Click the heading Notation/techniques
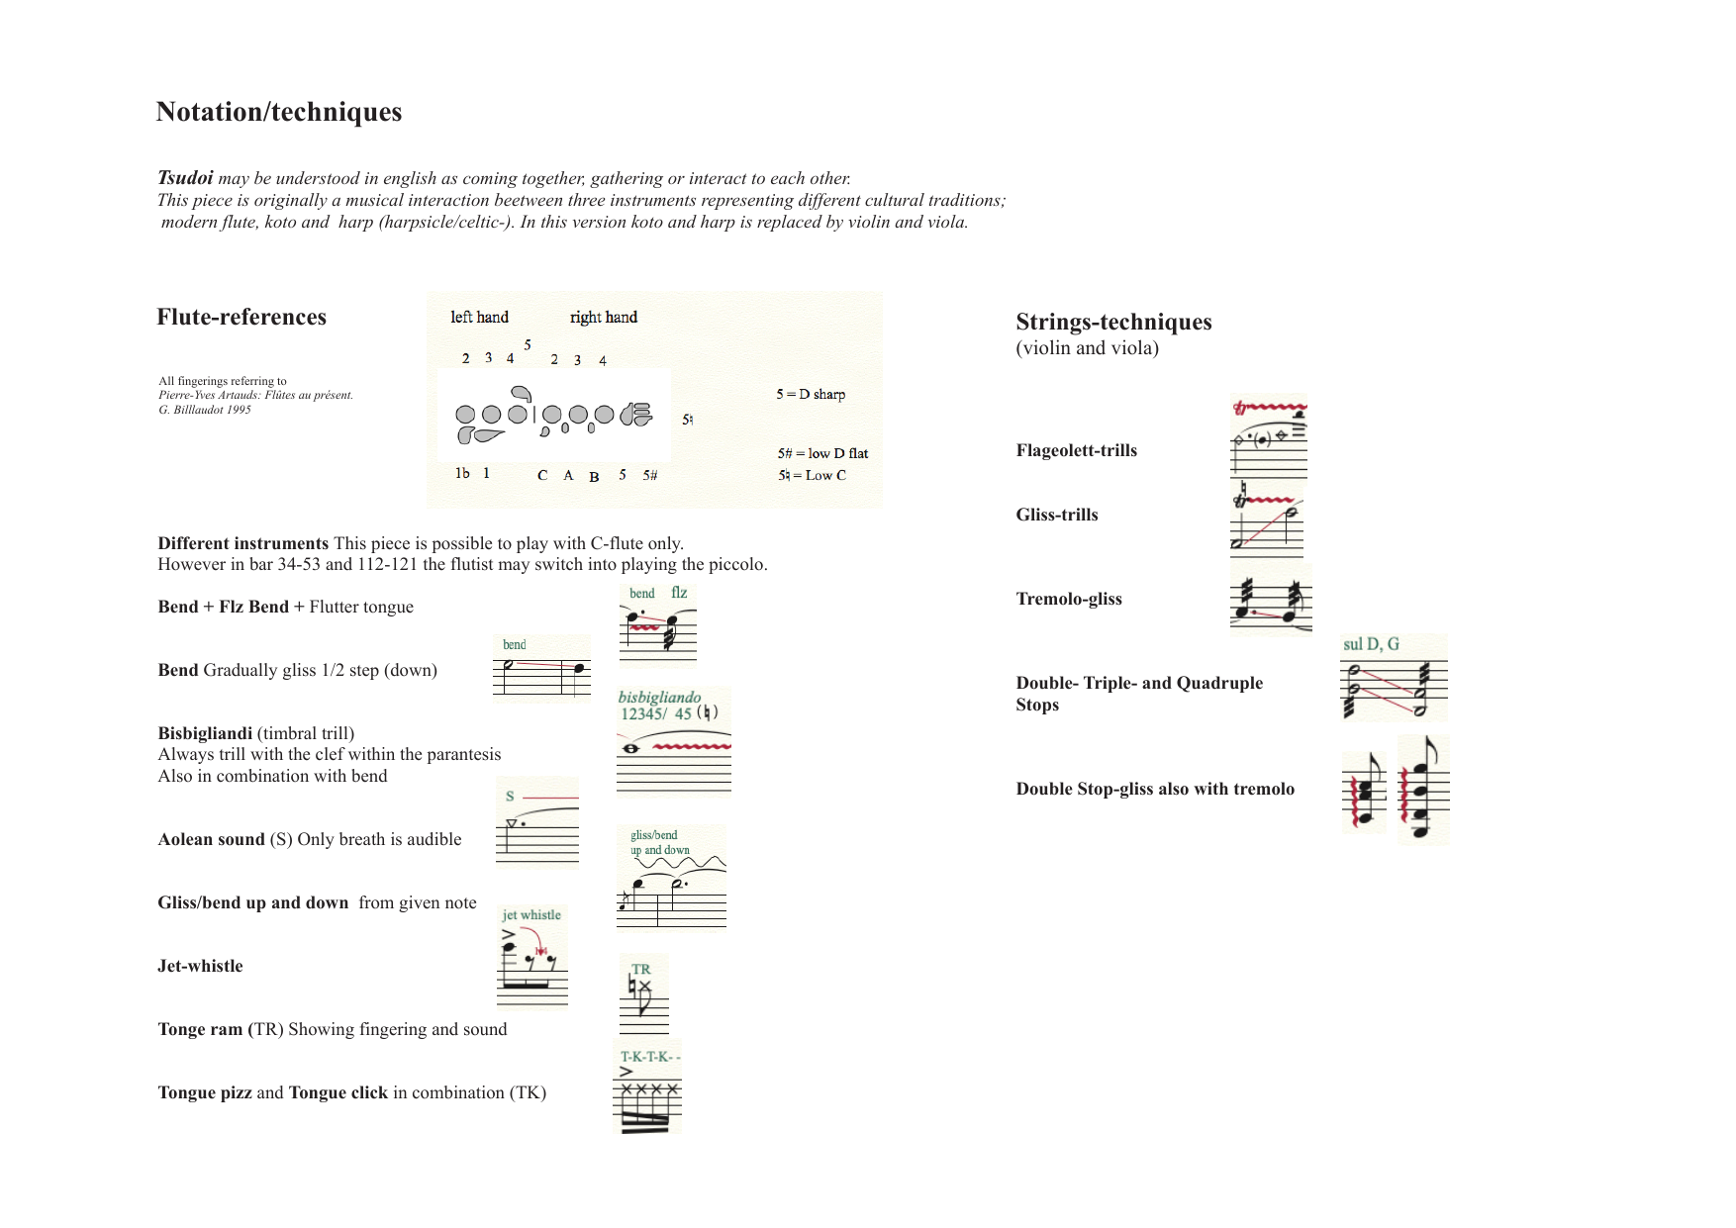pos(279,112)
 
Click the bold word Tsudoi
pos(185,178)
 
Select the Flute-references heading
pos(241,317)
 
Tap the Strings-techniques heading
pos(1113,323)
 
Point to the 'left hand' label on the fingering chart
pos(479,317)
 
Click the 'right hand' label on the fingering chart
pos(604,317)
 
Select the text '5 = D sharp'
pos(811,394)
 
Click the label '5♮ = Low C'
pos(812,475)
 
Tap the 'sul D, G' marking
pos(1371,644)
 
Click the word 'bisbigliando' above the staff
pos(659,697)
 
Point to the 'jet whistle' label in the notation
pos(531,915)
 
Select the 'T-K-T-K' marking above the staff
pos(650,1057)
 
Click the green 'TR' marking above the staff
pos(641,970)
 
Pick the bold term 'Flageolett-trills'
pos(1077,451)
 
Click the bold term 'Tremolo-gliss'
pos(1069,599)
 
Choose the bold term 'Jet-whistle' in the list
pos(200,966)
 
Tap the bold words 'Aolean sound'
pos(212,839)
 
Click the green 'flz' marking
pos(679,593)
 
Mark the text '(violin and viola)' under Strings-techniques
pos(1087,348)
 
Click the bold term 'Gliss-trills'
pos(1057,515)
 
